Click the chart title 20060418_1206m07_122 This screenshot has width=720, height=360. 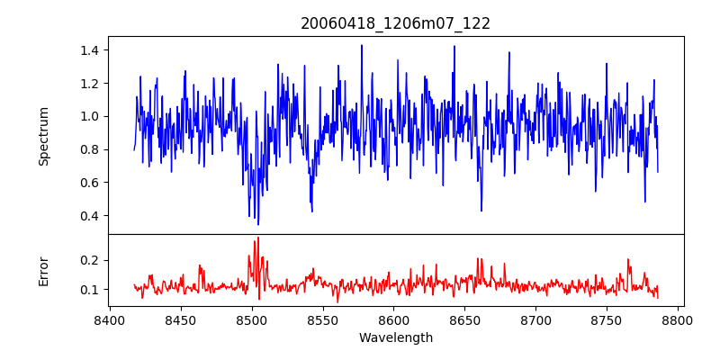point(395,23)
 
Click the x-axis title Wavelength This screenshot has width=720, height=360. point(395,338)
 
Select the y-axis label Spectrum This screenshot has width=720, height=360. point(44,136)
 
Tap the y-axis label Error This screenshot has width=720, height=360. point(44,270)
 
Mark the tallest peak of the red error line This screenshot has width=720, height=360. point(257,238)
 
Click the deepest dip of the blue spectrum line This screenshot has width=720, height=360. point(257,224)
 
